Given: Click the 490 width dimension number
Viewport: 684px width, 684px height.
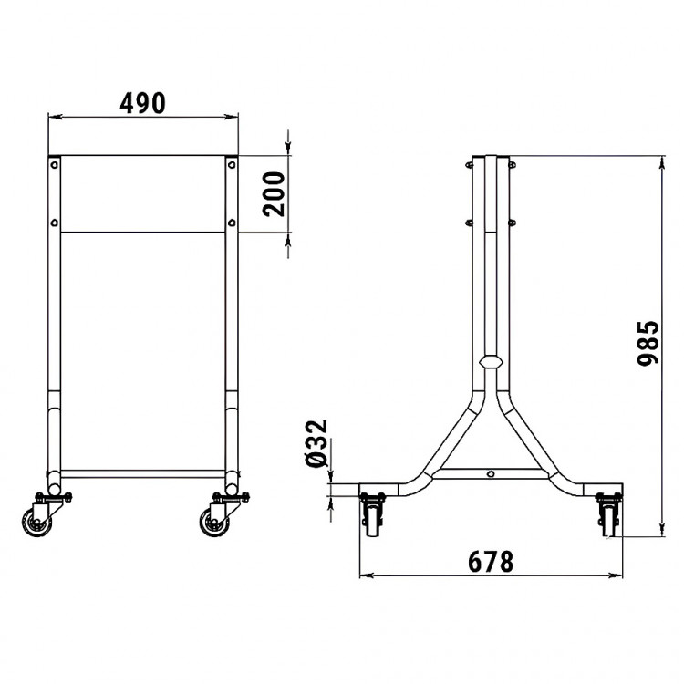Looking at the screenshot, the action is pos(142,103).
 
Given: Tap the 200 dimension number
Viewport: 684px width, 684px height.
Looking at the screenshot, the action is pos(274,194).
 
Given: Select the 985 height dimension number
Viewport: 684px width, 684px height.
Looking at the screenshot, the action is pos(648,343).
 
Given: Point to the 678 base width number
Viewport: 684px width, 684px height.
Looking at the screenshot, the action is pos(491,562).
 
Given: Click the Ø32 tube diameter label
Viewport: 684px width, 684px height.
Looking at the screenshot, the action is pos(316,443).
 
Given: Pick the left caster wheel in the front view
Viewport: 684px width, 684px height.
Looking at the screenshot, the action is pos(37,522).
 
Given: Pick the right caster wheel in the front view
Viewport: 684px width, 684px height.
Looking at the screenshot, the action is pos(215,522).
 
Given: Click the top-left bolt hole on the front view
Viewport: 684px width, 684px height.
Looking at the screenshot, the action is pos(54,165).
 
